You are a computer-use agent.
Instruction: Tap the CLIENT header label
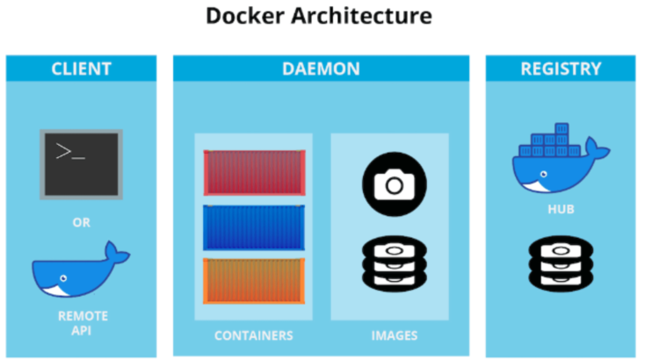pyautogui.click(x=81, y=68)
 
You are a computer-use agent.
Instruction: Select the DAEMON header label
pyautogui.click(x=321, y=68)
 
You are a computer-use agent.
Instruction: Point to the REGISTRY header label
pyautogui.click(x=561, y=68)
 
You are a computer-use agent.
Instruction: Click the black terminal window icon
pyautogui.click(x=81, y=163)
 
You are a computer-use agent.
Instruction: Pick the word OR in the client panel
pyautogui.click(x=81, y=223)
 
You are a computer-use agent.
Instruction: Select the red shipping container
pyautogui.click(x=253, y=173)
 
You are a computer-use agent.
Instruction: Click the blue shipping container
pyautogui.click(x=253, y=227)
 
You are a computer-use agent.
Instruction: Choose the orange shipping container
pyautogui.click(x=253, y=281)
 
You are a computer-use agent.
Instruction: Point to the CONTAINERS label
pyautogui.click(x=253, y=335)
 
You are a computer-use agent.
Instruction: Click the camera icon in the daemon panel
pyautogui.click(x=394, y=184)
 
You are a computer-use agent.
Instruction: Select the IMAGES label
pyautogui.click(x=394, y=335)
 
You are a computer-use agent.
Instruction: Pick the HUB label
pyautogui.click(x=561, y=212)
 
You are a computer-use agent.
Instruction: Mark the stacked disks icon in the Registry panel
pyautogui.click(x=560, y=261)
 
